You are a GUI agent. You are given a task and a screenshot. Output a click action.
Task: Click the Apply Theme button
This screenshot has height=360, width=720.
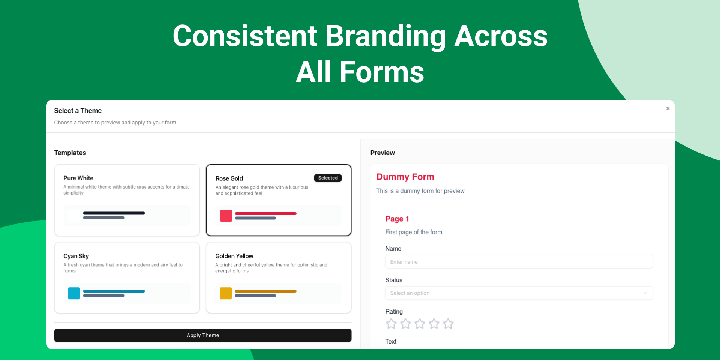tap(203, 335)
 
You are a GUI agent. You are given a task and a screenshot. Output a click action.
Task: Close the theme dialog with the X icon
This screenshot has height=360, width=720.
tap(668, 108)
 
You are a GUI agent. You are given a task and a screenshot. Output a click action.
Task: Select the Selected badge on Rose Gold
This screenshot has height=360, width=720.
tap(328, 178)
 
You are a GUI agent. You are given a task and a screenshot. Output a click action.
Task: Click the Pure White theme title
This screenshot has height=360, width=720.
tap(78, 178)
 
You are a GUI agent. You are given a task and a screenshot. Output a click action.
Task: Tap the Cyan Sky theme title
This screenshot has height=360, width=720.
tap(76, 256)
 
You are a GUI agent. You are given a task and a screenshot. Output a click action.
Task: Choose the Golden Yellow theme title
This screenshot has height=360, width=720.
tap(234, 256)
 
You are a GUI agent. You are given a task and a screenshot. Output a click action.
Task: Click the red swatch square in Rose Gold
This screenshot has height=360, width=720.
tap(226, 216)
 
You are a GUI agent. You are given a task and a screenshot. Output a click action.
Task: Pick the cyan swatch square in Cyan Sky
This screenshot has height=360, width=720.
tap(74, 293)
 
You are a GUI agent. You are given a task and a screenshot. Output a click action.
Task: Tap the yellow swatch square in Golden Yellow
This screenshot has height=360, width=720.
tap(226, 293)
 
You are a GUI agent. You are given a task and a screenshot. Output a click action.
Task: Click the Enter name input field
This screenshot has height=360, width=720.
tap(519, 262)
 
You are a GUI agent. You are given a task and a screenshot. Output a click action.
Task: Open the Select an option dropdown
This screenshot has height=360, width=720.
tap(519, 293)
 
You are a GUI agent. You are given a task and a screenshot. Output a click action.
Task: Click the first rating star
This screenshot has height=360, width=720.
tap(391, 324)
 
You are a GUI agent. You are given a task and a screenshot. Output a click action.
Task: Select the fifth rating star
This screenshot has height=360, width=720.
tap(448, 324)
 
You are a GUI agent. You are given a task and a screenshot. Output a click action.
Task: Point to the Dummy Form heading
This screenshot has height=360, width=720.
tap(405, 177)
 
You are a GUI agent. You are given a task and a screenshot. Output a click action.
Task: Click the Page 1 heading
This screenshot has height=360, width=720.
tap(397, 219)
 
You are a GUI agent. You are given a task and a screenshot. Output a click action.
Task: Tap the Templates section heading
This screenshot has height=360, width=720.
tap(70, 153)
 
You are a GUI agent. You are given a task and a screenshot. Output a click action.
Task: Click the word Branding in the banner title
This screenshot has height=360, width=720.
tap(385, 37)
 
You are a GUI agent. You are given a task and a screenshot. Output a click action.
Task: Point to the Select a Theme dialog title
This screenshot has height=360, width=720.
tap(78, 111)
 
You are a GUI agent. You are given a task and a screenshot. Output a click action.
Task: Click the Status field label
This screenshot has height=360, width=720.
tap(394, 280)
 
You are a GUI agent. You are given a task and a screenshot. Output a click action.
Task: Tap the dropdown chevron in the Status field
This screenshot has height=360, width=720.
tap(645, 293)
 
